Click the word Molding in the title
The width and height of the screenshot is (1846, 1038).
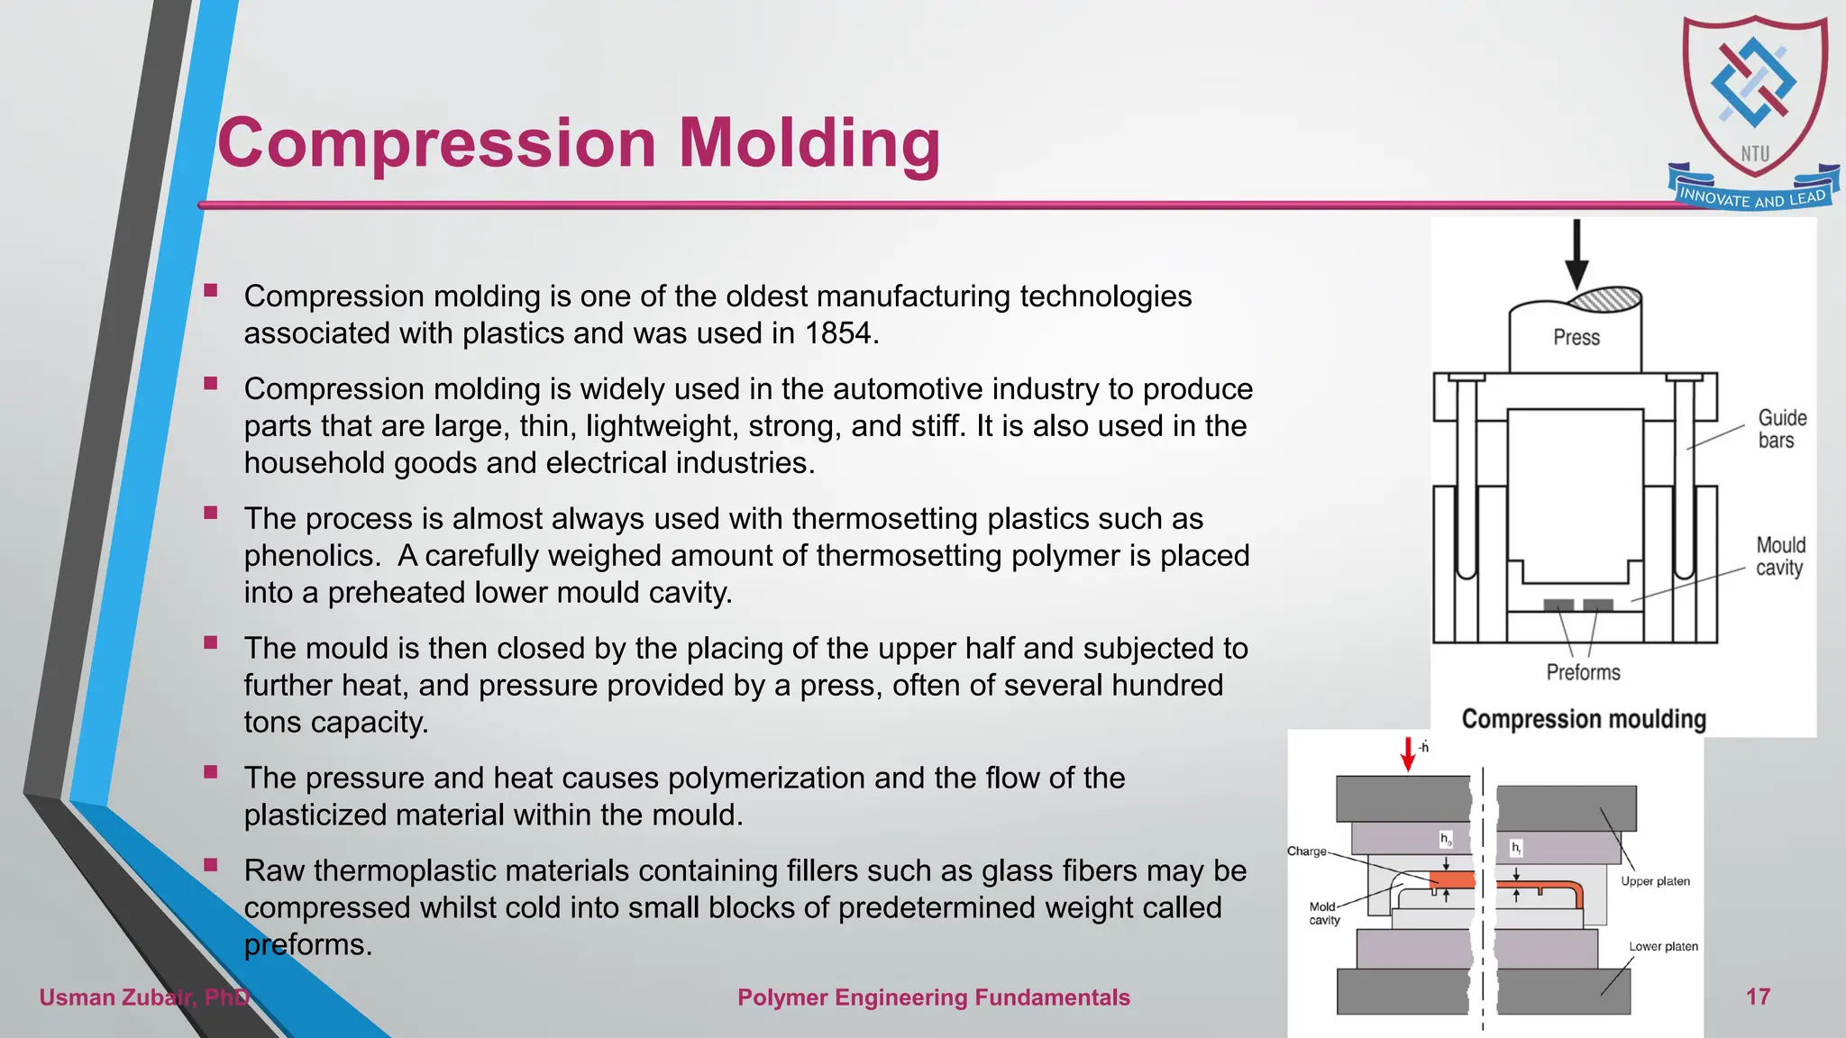tap(809, 144)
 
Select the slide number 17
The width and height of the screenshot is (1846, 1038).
tap(1758, 997)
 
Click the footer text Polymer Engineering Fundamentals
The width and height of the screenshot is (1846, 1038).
tap(933, 997)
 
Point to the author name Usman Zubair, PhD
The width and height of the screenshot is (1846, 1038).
tap(144, 997)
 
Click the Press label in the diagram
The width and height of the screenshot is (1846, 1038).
tap(1576, 338)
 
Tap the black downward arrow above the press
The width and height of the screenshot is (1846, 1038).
tap(1576, 254)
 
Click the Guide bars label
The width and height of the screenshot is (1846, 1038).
tap(1781, 429)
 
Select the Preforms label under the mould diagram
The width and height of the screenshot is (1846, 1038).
tap(1583, 672)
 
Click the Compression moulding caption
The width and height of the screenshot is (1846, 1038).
tap(1584, 719)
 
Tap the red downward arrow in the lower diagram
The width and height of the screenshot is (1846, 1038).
tap(1408, 754)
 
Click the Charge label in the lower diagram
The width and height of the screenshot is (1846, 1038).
tap(1306, 851)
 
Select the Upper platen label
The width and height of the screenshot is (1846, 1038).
tap(1655, 881)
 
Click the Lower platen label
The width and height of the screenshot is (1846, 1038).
tap(1663, 946)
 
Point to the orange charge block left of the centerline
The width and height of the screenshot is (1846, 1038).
tap(1452, 879)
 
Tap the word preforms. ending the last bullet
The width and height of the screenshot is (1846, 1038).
tap(307, 945)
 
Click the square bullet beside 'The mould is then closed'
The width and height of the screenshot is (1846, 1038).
tap(211, 642)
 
